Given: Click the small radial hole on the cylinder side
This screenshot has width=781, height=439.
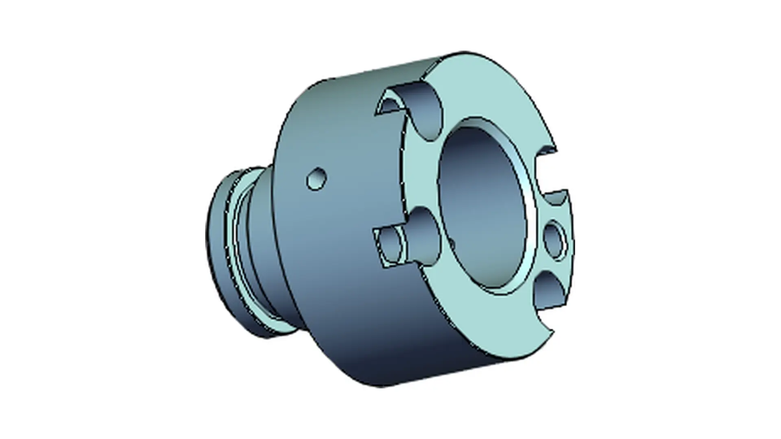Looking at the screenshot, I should coord(316,178).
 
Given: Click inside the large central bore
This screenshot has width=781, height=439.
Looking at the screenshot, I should coord(482,211).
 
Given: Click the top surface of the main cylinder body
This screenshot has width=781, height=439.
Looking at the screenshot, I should coord(366,81).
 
